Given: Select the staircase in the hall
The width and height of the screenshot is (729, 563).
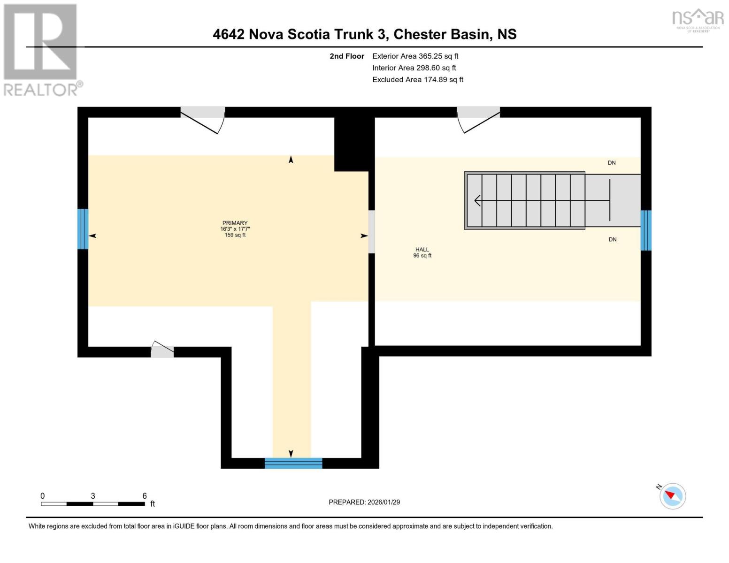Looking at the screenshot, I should pos(526,201).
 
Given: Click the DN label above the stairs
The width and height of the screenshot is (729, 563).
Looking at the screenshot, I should pos(612,163).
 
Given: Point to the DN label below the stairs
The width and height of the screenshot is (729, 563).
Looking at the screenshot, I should pos(613,239).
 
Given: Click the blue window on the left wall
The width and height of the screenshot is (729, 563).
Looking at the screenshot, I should pos(83,229).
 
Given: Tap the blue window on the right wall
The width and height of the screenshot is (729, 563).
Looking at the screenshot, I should pos(646,230).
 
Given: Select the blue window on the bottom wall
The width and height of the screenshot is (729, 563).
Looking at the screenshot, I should pos(293,463).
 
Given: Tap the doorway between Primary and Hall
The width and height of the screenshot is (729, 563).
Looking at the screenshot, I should pos(371,232).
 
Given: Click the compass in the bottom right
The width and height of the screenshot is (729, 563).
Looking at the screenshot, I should pos(672,496).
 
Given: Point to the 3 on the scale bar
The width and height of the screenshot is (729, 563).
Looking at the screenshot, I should pos(93,496).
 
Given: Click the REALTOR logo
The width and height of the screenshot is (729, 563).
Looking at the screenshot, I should pos(41,49).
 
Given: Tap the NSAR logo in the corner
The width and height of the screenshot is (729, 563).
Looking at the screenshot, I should pos(698,20).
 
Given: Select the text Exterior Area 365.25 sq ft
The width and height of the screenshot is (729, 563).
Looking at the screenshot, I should pos(415,56).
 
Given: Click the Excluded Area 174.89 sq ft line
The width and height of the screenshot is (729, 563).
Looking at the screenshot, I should pos(417,80).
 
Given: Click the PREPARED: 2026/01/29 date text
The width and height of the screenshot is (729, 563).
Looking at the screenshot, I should pos(364,502).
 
